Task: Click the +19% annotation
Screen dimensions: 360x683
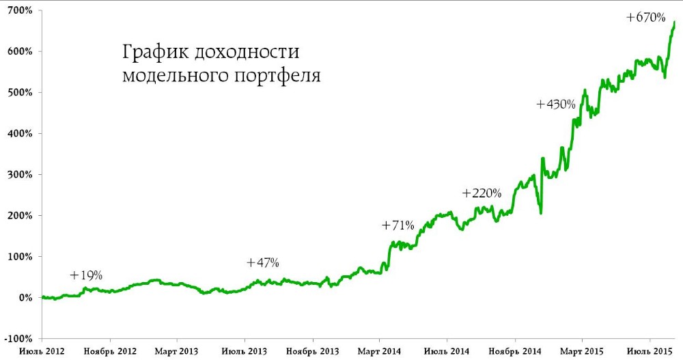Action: pyautogui.click(x=86, y=275)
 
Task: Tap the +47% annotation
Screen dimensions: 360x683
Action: pyautogui.click(x=263, y=262)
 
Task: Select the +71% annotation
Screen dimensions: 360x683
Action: pyautogui.click(x=398, y=225)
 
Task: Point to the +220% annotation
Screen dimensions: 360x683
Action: pyautogui.click(x=482, y=193)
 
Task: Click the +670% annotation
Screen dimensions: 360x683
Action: pyautogui.click(x=646, y=18)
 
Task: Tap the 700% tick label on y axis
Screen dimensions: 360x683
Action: pyautogui.click(x=20, y=10)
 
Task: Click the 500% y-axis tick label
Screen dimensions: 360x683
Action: pyautogui.click(x=20, y=92)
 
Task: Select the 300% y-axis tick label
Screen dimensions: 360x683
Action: pyautogui.click(x=20, y=174)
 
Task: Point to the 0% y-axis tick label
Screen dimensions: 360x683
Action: pyautogui.click(x=25, y=298)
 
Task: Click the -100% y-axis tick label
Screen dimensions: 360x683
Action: pyautogui.click(x=18, y=339)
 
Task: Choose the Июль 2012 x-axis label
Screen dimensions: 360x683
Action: pyautogui.click(x=42, y=351)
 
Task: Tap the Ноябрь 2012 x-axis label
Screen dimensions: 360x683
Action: pyautogui.click(x=109, y=351)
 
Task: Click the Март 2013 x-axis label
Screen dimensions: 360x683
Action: pyautogui.click(x=176, y=351)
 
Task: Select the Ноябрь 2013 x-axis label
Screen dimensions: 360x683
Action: pyautogui.click(x=312, y=351)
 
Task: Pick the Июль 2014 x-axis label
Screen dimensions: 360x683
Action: pyautogui.click(x=447, y=351)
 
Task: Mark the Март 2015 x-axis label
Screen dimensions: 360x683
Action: pyautogui.click(x=582, y=351)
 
